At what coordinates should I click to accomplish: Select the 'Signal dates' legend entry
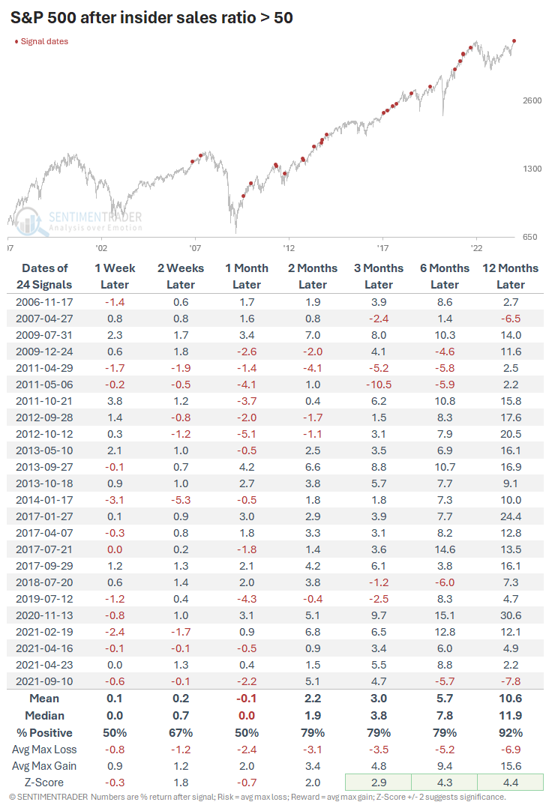click(42, 41)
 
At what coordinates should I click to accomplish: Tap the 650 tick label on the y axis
click(531, 237)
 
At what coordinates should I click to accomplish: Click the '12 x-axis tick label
click(288, 247)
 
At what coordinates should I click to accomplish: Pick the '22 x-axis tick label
click(476, 247)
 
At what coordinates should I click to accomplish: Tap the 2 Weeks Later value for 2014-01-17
click(181, 498)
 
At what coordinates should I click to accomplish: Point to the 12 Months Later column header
click(511, 276)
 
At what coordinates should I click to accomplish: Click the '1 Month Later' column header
click(247, 276)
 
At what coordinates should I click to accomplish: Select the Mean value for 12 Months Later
click(511, 699)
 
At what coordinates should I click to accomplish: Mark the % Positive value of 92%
click(511, 732)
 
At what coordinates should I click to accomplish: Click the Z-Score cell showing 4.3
click(445, 782)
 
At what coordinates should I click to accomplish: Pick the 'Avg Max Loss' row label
click(44, 749)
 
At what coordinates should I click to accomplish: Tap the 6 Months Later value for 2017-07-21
click(445, 548)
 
